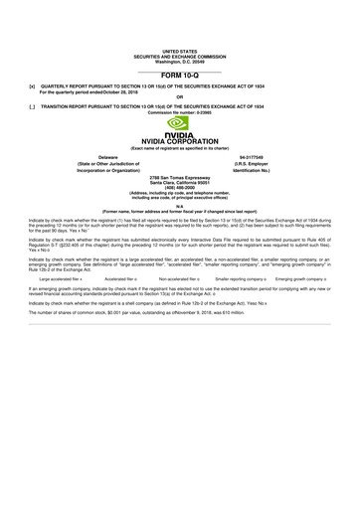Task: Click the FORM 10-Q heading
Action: (180, 74)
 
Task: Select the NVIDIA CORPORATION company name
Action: (180, 142)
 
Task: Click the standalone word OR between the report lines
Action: (180, 97)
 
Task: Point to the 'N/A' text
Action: (180, 206)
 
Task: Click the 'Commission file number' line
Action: (180, 110)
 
